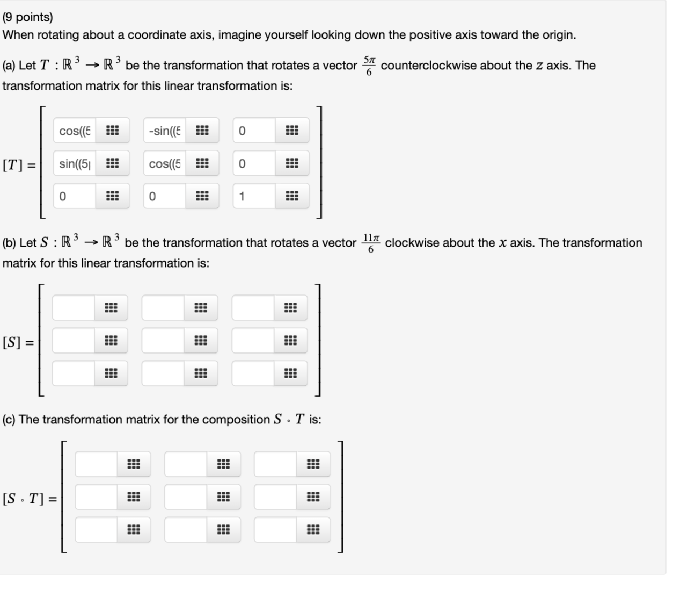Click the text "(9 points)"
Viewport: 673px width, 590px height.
coord(28,17)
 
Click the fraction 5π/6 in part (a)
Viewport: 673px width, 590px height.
coord(369,66)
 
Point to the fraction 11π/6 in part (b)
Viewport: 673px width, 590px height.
coord(371,243)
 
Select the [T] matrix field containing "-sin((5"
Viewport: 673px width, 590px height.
coord(165,131)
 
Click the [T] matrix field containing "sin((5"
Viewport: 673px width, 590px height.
coord(75,163)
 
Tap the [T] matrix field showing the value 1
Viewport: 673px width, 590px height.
coord(254,196)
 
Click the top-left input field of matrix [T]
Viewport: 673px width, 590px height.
coord(75,131)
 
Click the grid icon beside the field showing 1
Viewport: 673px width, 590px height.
coord(291,196)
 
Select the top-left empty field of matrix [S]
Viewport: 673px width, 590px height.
coord(74,308)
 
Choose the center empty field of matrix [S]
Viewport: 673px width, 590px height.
coord(163,341)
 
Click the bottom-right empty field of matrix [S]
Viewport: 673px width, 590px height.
coord(253,373)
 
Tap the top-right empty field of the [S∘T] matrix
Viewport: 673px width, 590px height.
coord(275,464)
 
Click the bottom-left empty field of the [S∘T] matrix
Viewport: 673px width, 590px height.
coord(97,530)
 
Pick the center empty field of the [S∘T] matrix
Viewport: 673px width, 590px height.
coord(186,497)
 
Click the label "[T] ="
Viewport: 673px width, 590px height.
coord(19,164)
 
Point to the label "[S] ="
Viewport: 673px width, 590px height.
coord(18,342)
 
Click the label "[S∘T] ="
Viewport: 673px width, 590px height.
coord(30,499)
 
